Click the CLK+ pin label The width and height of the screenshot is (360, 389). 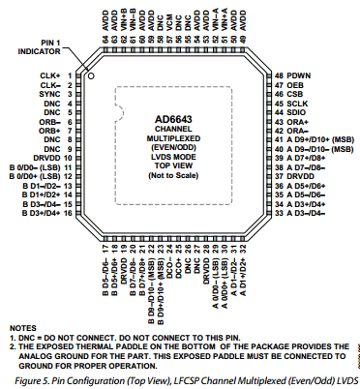click(48, 75)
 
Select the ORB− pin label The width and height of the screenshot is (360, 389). click(48, 122)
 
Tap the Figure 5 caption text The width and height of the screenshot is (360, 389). click(179, 380)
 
